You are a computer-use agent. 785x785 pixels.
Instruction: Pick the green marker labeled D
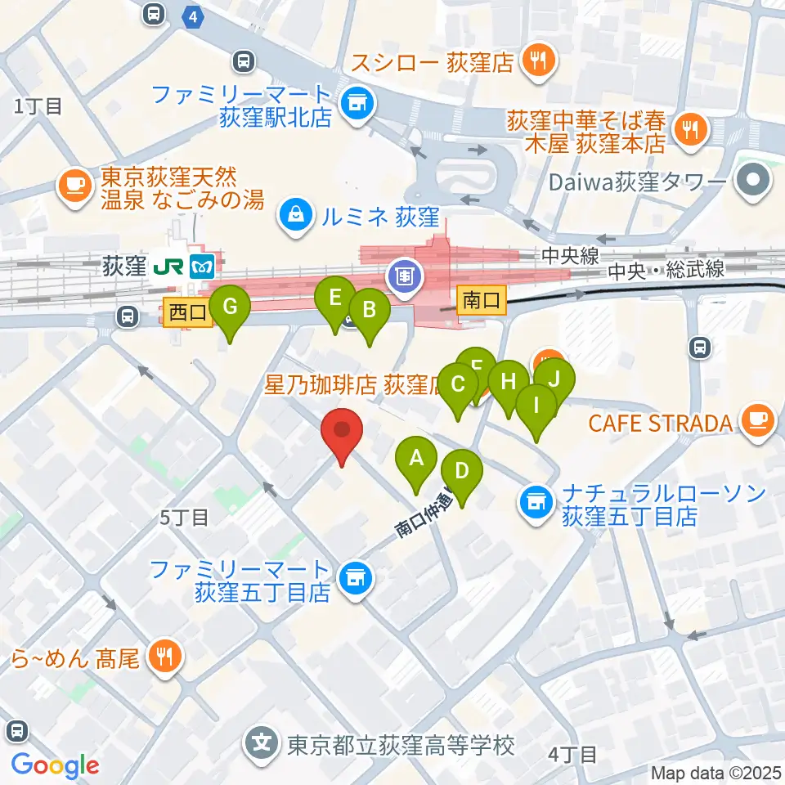click(x=461, y=473)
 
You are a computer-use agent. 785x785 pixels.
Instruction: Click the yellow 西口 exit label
click(x=188, y=312)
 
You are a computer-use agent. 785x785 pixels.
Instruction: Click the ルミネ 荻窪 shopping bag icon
click(x=293, y=217)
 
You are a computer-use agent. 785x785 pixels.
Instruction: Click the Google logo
click(x=55, y=765)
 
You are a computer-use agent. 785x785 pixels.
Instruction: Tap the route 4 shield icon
click(x=192, y=16)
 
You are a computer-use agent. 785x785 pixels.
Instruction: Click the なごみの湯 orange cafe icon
click(x=76, y=185)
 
